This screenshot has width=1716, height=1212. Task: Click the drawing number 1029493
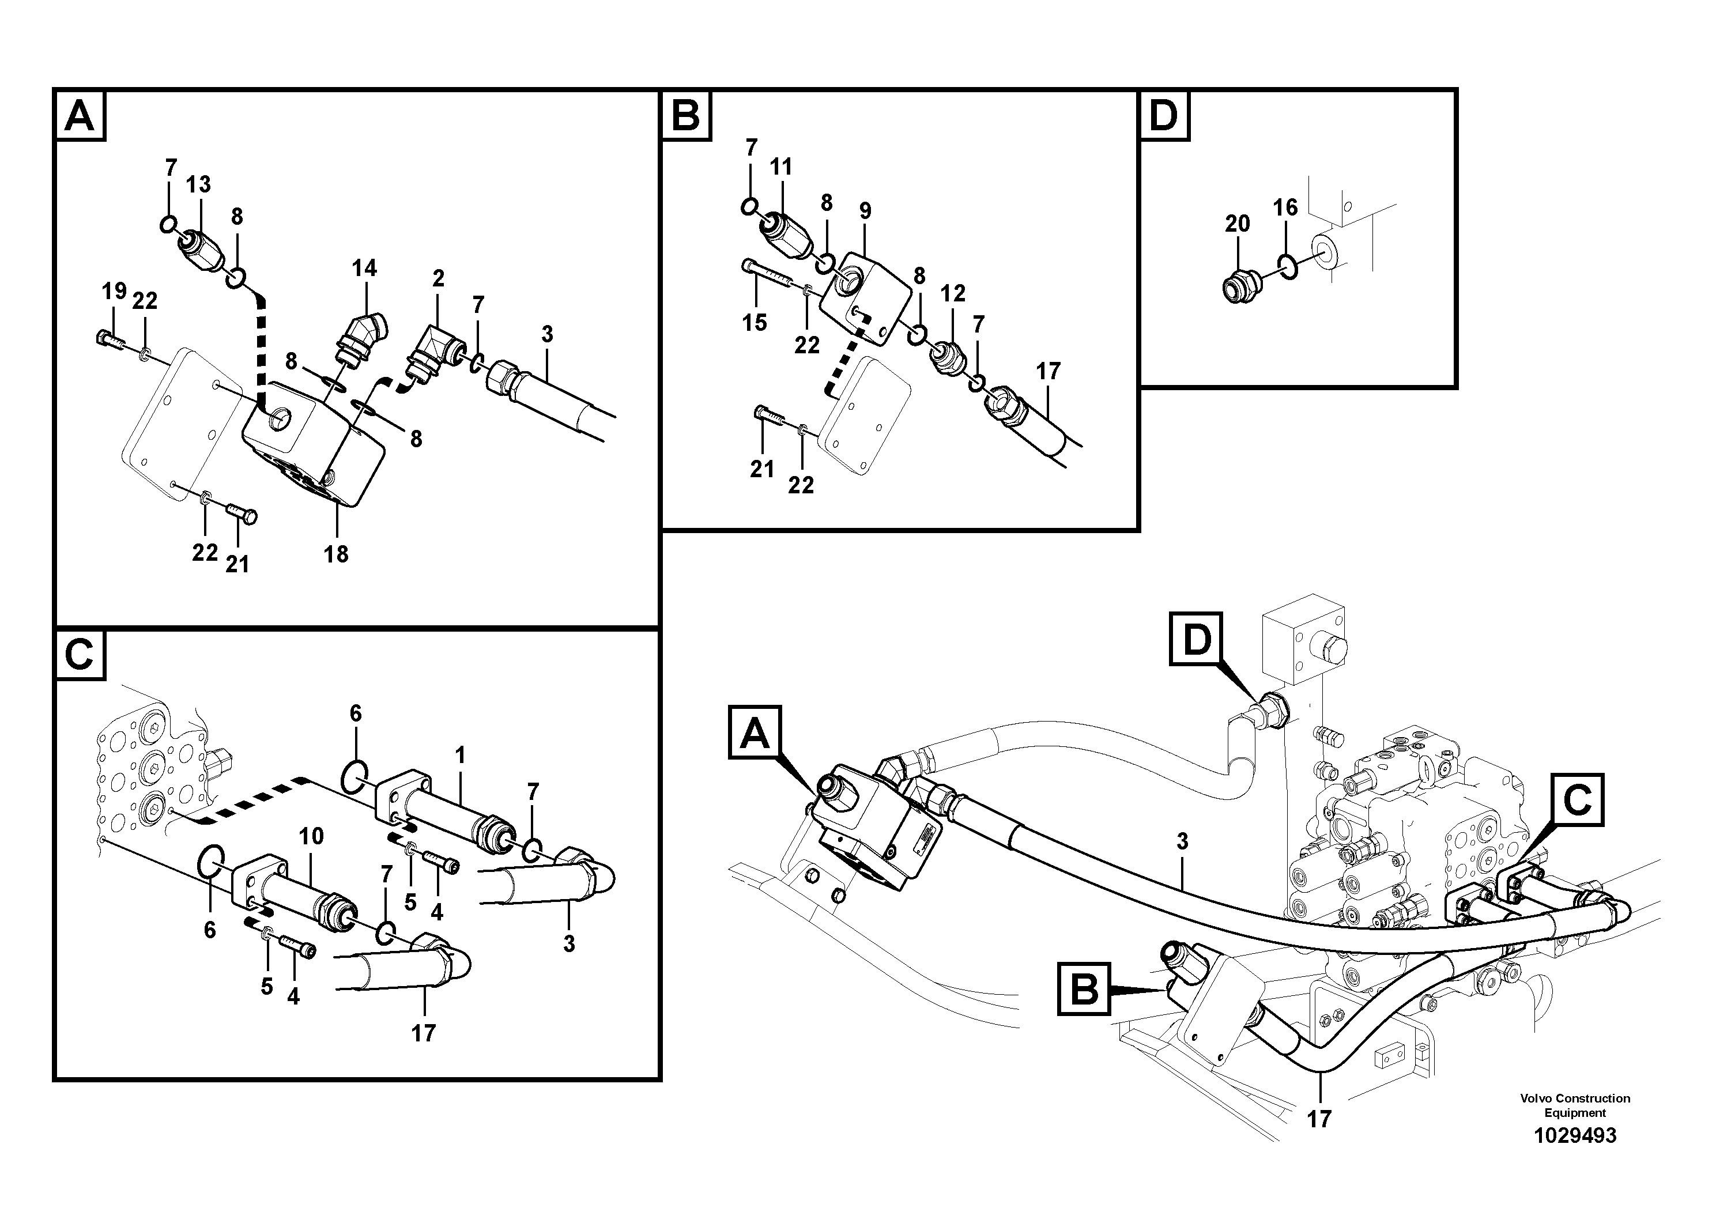pyautogui.click(x=1575, y=1136)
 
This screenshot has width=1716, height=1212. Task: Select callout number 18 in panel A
pyautogui.click(x=335, y=554)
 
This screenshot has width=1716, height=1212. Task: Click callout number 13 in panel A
pyautogui.click(x=198, y=184)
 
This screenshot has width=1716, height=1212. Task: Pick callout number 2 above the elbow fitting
pyautogui.click(x=438, y=279)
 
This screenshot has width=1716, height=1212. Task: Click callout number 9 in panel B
pyautogui.click(x=865, y=211)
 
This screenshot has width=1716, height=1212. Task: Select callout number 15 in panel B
pyautogui.click(x=754, y=322)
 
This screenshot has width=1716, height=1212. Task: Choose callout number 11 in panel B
pyautogui.click(x=780, y=167)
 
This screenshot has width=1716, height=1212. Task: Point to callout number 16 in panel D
pyautogui.click(x=1285, y=207)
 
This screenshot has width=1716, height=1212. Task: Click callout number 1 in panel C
pyautogui.click(x=461, y=756)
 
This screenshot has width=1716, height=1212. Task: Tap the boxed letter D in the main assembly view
pyautogui.click(x=1197, y=640)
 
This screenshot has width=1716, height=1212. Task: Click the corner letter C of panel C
pyautogui.click(x=79, y=655)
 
